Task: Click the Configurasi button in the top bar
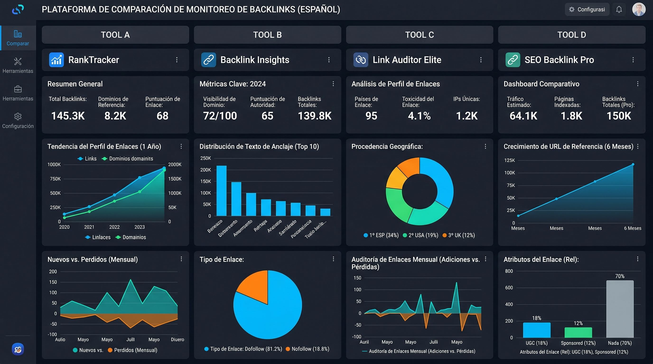pyautogui.click(x=587, y=10)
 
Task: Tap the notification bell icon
pyautogui.click(x=619, y=10)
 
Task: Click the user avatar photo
pyautogui.click(x=639, y=10)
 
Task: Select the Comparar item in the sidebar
pyautogui.click(x=18, y=38)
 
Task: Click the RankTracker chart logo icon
pyautogui.click(x=56, y=60)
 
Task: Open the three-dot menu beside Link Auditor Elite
pyautogui.click(x=481, y=60)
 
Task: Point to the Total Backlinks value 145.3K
pyautogui.click(x=68, y=116)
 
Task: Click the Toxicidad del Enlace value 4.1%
pyautogui.click(x=419, y=116)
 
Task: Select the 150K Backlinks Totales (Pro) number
pyautogui.click(x=619, y=116)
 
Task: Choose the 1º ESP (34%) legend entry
pyautogui.click(x=381, y=235)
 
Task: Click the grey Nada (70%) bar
pyautogui.click(x=620, y=309)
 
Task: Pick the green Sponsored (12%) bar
pyautogui.click(x=578, y=332)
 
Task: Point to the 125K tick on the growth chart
pyautogui.click(x=509, y=160)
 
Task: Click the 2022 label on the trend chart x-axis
pyautogui.click(x=114, y=227)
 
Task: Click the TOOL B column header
pyautogui.click(x=267, y=35)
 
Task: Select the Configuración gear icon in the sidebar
pyautogui.click(x=18, y=116)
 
